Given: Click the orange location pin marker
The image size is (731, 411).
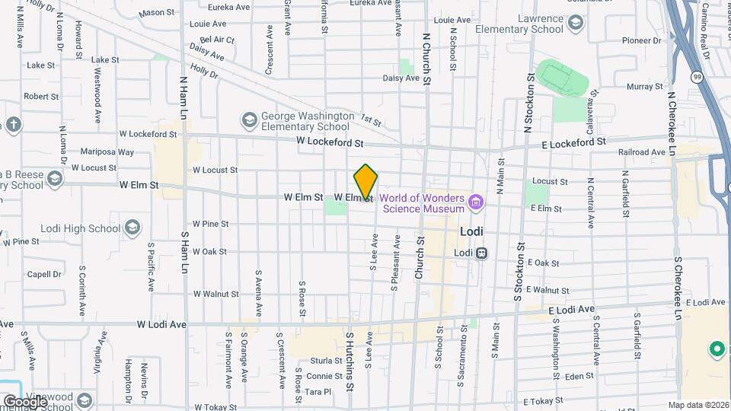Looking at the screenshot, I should click(365, 182).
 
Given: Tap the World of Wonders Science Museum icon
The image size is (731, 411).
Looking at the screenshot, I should click(476, 202).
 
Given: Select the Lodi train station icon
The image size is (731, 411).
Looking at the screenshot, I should click(481, 253).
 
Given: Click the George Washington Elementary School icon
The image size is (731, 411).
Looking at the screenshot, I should click(248, 120).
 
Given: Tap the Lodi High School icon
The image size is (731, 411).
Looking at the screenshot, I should click(132, 228).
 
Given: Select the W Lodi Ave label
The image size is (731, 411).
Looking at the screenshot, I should click(161, 324).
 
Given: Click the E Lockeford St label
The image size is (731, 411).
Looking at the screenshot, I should click(573, 142).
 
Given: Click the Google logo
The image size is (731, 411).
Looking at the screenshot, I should click(24, 401).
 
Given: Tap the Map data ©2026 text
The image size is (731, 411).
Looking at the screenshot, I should click(698, 405).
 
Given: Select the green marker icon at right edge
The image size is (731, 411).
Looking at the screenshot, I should click(716, 350).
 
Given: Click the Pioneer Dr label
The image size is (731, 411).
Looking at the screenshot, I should click(642, 40).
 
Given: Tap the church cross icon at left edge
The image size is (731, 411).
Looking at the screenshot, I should click(13, 125).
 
